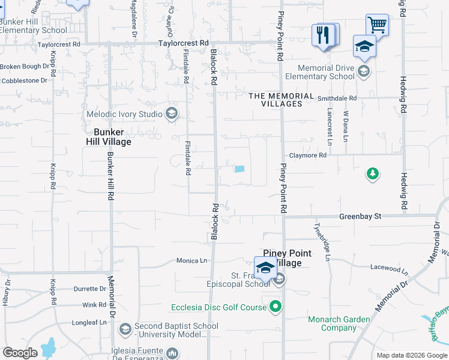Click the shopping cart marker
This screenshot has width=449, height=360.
377,25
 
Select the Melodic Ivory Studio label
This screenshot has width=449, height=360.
125,114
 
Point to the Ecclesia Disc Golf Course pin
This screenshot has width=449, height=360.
276,307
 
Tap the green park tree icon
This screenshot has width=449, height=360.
373,174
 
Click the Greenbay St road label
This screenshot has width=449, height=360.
360,216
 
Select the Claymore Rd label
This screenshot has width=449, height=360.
307,155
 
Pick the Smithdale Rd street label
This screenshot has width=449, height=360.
337,98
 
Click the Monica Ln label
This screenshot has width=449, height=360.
191,261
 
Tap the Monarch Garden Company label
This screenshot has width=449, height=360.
339,323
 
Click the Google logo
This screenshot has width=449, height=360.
20,353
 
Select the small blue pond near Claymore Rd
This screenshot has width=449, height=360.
240,169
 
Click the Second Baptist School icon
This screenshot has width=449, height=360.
125,329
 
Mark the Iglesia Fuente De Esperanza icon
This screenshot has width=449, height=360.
172,352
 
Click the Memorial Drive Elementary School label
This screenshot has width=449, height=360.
319,73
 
